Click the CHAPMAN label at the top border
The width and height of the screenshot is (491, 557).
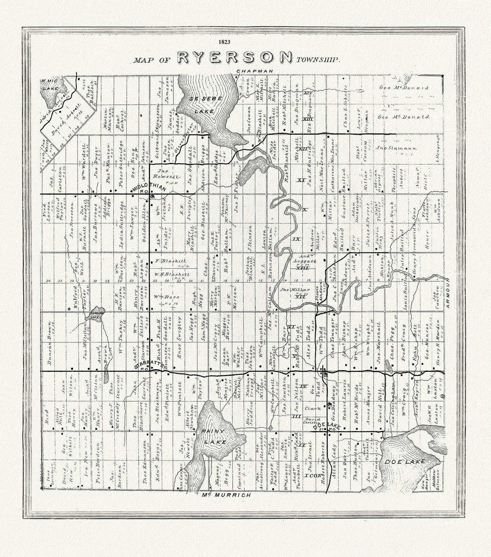(x=255, y=71)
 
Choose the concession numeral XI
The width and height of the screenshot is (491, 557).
(x=300, y=180)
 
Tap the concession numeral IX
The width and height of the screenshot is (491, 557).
(x=296, y=239)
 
